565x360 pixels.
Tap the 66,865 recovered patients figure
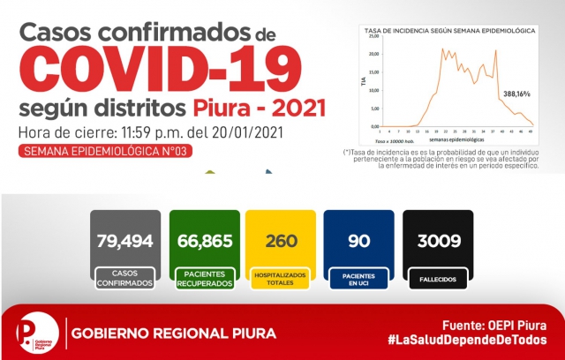tap(204, 240)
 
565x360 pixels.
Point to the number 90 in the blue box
tap(359, 240)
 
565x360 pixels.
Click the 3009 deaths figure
tap(437, 240)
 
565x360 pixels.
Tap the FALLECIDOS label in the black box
tap(437, 279)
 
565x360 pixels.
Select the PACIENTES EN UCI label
tap(359, 279)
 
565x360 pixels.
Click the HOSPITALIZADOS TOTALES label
tap(282, 279)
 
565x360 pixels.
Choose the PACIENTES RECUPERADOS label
tap(204, 279)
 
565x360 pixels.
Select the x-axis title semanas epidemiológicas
tap(457, 139)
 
